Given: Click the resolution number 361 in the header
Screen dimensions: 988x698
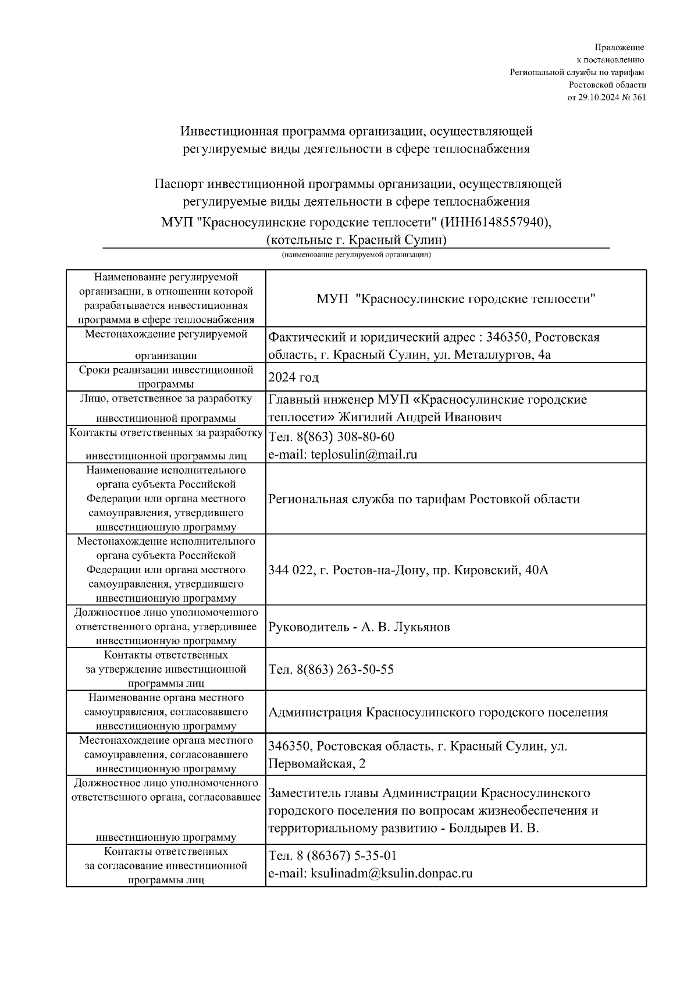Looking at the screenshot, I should [x=638, y=97].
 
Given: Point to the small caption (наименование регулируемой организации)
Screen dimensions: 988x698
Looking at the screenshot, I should [x=356, y=254].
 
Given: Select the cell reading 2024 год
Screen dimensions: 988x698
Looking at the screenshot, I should [x=294, y=377].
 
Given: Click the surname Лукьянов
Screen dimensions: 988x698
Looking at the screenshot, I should [x=422, y=627].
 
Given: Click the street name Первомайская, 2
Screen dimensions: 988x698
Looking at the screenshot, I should [x=317, y=763].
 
